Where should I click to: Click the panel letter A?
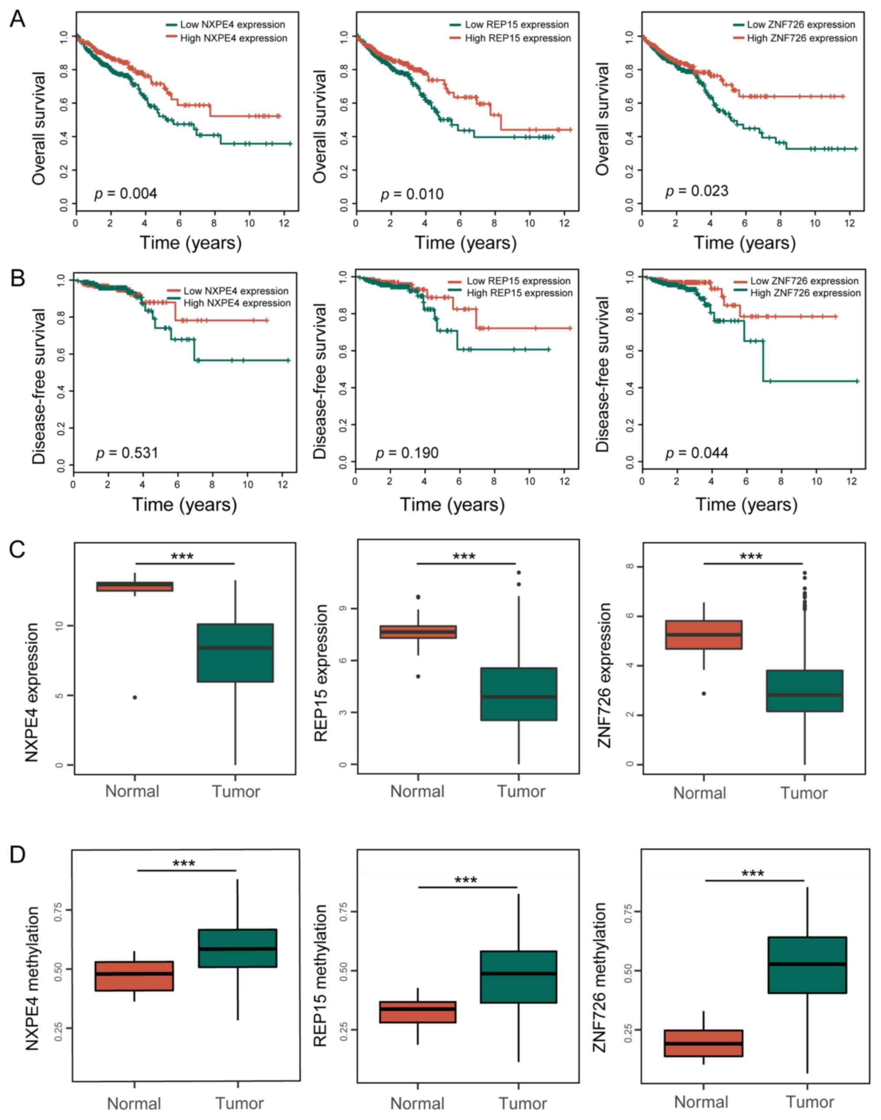[x=17, y=19]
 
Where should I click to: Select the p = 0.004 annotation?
[x=125, y=194]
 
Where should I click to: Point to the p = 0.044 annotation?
[x=696, y=453]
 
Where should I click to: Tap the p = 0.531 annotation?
[x=127, y=453]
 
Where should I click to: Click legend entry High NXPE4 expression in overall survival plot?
[x=233, y=38]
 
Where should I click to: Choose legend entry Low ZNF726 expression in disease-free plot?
[x=804, y=281]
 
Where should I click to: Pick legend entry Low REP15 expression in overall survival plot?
[x=516, y=24]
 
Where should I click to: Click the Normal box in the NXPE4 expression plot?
[x=134, y=586]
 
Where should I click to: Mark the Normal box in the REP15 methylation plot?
[x=417, y=1012]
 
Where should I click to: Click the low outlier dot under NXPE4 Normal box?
[x=134, y=697]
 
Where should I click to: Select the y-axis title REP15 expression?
[x=321, y=673]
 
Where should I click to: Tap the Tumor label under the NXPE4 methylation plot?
[x=239, y=1104]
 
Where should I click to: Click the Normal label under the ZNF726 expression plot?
[x=699, y=793]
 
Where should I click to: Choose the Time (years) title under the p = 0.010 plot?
[x=465, y=243]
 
